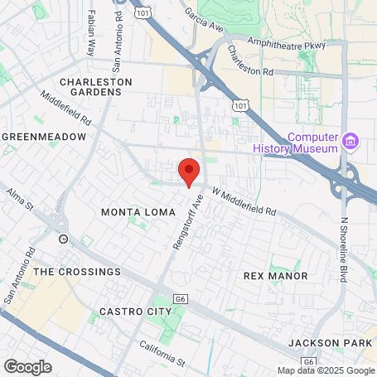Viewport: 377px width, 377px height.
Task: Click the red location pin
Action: tap(189, 172)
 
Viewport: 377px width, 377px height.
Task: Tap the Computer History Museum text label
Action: tap(313, 143)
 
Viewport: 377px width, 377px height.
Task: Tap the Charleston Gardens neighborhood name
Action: tap(96, 87)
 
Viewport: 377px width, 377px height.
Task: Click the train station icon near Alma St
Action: tap(64, 239)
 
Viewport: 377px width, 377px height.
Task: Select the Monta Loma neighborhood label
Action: tap(138, 212)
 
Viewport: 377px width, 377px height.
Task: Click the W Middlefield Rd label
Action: tap(244, 201)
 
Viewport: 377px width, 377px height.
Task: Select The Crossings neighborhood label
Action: tap(77, 271)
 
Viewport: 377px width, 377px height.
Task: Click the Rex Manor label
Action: tap(276, 275)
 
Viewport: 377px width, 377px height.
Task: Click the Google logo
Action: tap(27, 366)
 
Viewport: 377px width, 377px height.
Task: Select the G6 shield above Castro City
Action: tap(180, 298)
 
